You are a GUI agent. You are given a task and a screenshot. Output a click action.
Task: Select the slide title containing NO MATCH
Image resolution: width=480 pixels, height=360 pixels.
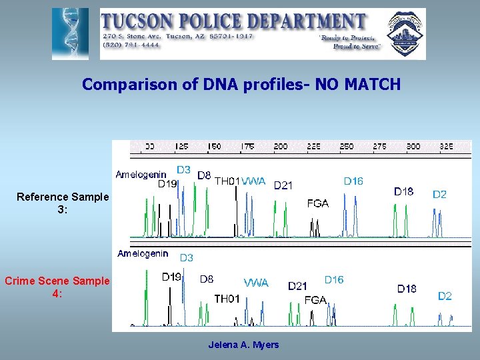point(241,85)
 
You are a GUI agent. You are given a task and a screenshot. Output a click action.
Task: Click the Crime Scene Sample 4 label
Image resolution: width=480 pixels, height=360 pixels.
point(57,287)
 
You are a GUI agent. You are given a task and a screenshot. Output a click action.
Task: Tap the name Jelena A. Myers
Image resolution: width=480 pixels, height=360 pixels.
point(243,345)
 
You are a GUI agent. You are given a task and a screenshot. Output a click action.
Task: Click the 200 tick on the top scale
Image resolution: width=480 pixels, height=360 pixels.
point(281,146)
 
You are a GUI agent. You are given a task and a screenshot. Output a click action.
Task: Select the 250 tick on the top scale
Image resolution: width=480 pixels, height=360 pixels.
point(347,146)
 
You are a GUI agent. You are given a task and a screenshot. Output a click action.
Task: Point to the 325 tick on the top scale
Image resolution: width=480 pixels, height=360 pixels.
point(446,146)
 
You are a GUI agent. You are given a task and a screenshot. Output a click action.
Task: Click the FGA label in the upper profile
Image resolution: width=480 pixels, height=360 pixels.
point(317,203)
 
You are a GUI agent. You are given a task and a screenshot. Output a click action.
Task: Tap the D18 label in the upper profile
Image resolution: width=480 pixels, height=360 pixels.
point(403,191)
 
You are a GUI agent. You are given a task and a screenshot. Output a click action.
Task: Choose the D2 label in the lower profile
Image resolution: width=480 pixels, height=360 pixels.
point(445,296)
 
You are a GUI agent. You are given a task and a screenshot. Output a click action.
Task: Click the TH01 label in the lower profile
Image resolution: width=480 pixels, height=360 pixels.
point(227,299)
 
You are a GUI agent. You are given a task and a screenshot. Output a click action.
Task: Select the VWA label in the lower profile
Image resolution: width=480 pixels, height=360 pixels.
point(256,283)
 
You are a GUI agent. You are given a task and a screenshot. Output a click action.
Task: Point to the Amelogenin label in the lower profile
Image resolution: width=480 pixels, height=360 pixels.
point(143,253)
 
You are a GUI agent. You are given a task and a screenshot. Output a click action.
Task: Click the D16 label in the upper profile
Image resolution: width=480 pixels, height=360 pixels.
point(353,181)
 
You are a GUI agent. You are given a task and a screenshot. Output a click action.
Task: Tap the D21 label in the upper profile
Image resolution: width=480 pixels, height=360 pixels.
point(283,185)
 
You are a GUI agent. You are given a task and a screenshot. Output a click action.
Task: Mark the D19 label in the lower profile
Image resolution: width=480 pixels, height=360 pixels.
point(171,277)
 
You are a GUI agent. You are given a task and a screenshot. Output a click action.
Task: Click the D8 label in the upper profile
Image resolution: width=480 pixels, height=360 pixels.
point(204,175)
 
